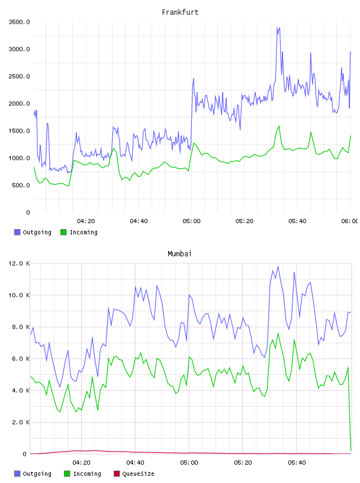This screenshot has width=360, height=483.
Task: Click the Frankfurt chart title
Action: pos(180,12)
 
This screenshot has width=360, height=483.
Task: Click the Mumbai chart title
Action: pos(179,254)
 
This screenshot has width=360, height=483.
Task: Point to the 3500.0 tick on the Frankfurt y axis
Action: pos(19,22)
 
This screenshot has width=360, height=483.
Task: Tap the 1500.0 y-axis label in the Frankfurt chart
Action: pos(19,131)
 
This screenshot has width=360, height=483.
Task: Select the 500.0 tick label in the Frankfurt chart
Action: pos(21,185)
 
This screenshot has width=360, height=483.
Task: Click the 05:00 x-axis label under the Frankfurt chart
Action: pos(191,221)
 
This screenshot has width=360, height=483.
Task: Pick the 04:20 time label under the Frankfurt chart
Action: pos(86,221)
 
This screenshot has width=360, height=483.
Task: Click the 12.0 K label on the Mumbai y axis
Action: pos(19,263)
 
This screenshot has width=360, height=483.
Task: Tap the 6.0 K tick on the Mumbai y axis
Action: pos(21,359)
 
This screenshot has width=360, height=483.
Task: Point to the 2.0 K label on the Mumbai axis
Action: pos(21,422)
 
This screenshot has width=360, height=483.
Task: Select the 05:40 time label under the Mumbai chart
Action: pos(297,463)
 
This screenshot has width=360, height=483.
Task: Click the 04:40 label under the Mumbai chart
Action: pos(135,463)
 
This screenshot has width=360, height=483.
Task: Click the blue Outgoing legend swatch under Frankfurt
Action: pos(17,232)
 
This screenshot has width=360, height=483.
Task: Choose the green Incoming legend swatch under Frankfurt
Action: pos(63,232)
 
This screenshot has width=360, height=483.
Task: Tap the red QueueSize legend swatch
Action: pos(117,474)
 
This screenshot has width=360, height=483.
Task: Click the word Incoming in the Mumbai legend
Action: pos(87,474)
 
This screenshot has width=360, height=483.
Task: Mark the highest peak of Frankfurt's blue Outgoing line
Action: pos(277,27)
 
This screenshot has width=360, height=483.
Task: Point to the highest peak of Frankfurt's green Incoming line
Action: pos(279,126)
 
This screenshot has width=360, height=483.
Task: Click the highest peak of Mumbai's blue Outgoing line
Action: pos(278,266)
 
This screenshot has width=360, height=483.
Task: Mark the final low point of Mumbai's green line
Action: pos(351,450)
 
